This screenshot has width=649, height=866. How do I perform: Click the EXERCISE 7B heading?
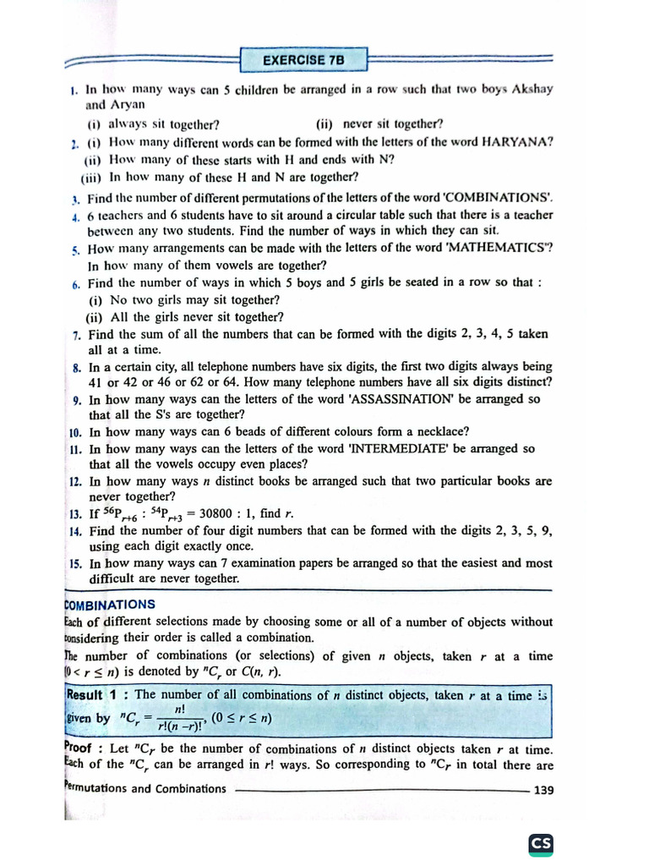[304, 60]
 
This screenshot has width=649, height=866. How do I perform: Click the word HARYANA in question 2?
[517, 142]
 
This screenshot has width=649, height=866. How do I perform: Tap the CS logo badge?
[540, 844]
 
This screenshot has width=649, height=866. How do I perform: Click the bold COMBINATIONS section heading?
[110, 605]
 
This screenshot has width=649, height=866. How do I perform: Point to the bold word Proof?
[83, 748]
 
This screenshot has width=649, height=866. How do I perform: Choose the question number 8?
[76, 368]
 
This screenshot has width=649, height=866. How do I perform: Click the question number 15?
[74, 563]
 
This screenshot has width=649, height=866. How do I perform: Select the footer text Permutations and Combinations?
[145, 789]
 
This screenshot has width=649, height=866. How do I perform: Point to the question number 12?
[74, 481]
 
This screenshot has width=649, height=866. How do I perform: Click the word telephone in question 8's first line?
[235, 367]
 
